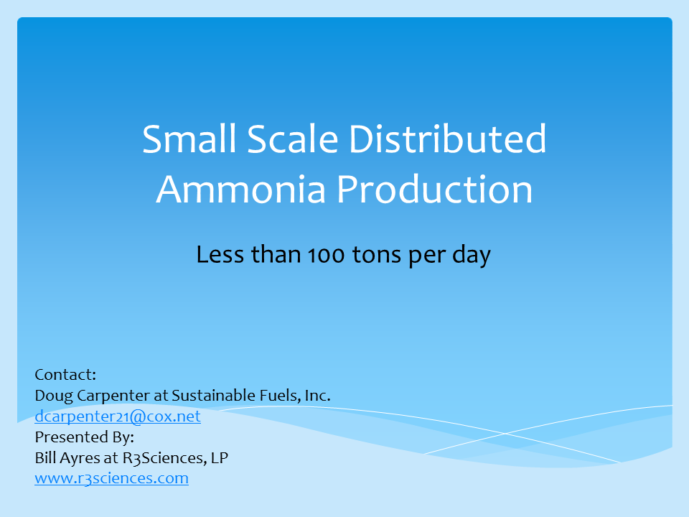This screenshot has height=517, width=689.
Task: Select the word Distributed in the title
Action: pyautogui.click(x=448, y=139)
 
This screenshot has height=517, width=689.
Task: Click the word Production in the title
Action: pyautogui.click(x=436, y=189)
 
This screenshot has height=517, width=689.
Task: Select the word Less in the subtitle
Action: pyautogui.click(x=218, y=255)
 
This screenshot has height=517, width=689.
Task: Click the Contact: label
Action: pyautogui.click(x=65, y=374)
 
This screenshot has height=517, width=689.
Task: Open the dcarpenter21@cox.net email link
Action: pyautogui.click(x=118, y=416)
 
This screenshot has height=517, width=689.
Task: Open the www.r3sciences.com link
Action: pyautogui.click(x=111, y=478)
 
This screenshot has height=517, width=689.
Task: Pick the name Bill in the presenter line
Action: pyautogui.click(x=46, y=457)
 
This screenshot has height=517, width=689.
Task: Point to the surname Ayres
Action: pyautogui.click(x=81, y=457)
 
